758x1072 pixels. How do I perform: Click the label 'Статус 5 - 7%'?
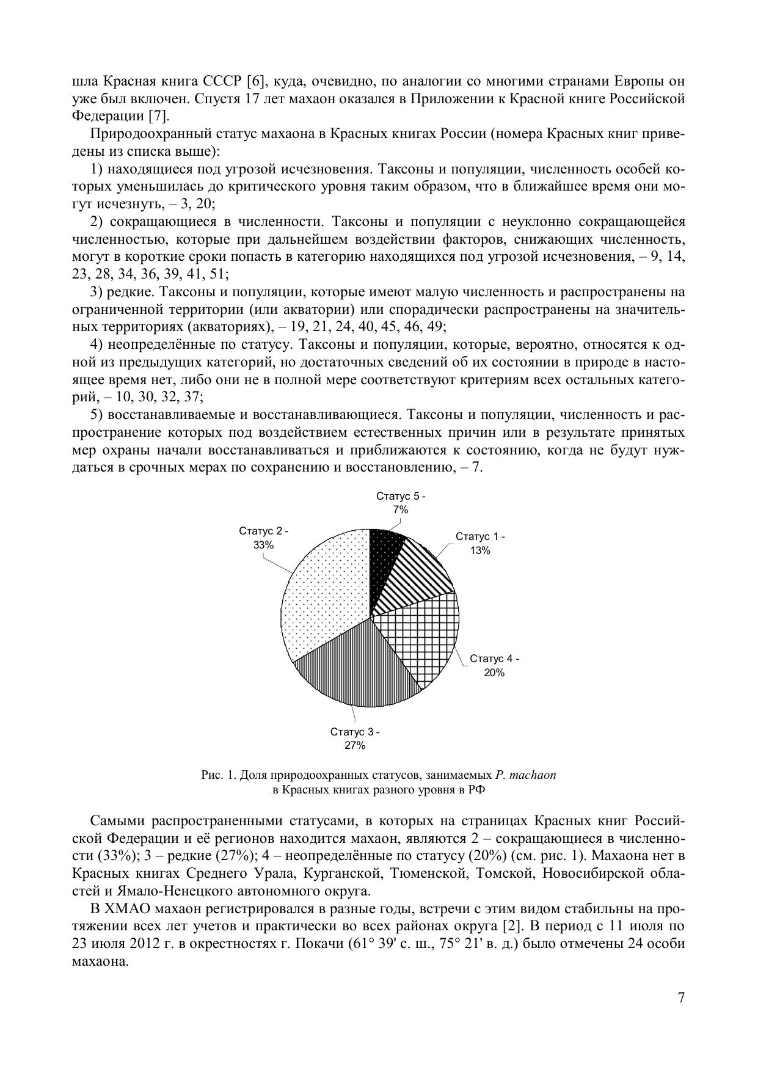tap(401, 503)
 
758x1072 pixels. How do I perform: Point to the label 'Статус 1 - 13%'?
tap(480, 543)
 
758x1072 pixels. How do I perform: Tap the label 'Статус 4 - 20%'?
tap(494, 665)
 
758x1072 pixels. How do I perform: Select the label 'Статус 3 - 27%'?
tap(355, 738)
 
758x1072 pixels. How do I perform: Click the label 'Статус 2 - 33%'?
tap(264, 538)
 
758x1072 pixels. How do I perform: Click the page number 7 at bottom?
tap(681, 997)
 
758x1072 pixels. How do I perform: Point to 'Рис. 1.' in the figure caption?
tap(219, 775)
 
